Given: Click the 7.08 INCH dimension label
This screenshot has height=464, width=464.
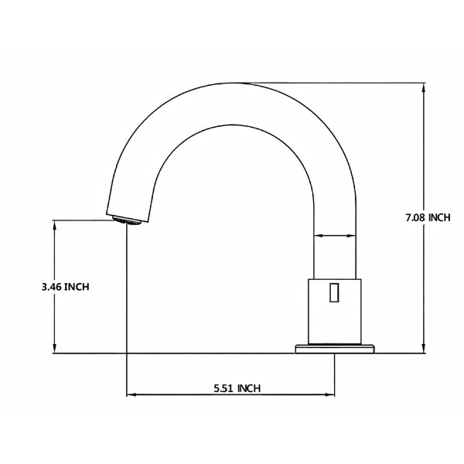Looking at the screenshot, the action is [x=428, y=217].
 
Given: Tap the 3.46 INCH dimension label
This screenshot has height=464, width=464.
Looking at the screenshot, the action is [x=66, y=287].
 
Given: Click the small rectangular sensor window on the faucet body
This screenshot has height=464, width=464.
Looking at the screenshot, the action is [x=334, y=292].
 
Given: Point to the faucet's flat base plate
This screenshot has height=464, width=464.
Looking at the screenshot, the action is [x=335, y=349].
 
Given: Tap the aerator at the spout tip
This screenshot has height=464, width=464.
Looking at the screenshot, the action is [x=128, y=220].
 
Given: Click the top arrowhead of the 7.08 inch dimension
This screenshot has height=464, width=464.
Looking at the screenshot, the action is [x=424, y=87].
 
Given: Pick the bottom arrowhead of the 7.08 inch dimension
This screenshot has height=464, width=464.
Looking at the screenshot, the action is [x=424, y=348].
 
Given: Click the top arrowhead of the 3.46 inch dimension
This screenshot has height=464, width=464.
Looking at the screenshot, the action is [x=54, y=225].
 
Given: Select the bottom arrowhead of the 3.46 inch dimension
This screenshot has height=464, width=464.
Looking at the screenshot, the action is [x=54, y=348].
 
